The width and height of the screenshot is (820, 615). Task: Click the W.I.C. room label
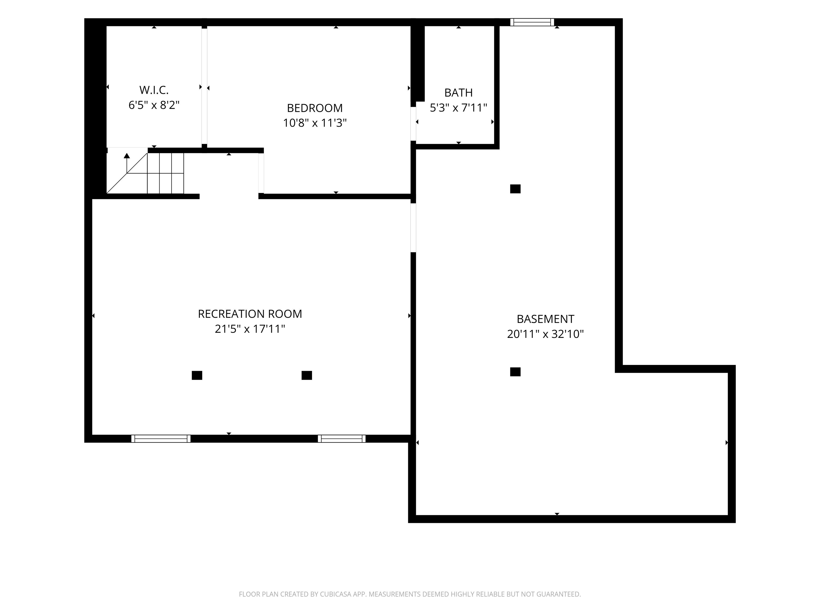coord(154,90)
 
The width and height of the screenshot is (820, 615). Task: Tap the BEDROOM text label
coord(315,108)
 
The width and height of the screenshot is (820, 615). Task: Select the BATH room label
coord(459,92)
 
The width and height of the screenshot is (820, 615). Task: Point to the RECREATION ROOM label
coord(250,314)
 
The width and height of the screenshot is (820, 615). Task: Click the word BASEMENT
coord(545,319)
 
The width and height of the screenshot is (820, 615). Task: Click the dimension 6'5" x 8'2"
coord(154,105)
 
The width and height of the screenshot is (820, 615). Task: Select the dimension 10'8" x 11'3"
coord(315,123)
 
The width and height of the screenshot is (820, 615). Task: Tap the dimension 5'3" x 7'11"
coord(458,108)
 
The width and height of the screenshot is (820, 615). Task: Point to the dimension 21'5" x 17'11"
coord(250,329)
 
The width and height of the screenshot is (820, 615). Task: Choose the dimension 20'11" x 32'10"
coord(545,334)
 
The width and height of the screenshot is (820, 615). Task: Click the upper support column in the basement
coord(515,189)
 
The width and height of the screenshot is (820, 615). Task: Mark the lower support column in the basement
coord(515,372)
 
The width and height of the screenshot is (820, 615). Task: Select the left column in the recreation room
coord(197,376)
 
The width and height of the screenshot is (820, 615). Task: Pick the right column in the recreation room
coord(307,376)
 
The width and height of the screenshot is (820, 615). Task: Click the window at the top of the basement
coord(532,22)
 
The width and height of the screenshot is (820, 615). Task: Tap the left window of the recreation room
coord(161,439)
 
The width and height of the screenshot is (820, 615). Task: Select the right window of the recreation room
coord(341,439)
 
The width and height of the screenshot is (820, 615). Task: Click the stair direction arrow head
coord(127,156)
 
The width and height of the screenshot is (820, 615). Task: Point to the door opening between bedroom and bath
coord(413,124)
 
